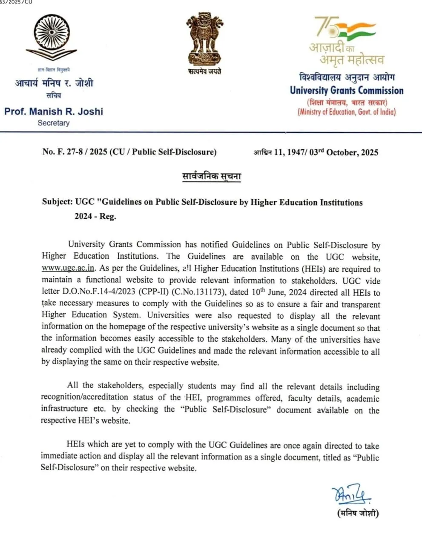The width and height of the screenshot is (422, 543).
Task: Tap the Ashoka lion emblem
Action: click(x=204, y=38)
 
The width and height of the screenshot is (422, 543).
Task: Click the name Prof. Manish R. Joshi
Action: click(x=54, y=111)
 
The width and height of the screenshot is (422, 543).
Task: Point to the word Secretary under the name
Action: click(x=53, y=123)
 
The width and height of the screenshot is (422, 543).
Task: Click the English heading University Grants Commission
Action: click(x=347, y=91)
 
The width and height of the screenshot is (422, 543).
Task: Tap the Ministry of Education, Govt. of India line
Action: click(x=347, y=112)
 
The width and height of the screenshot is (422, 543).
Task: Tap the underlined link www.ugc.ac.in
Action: click(x=68, y=269)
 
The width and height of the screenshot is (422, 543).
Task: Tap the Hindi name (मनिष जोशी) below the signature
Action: click(x=358, y=513)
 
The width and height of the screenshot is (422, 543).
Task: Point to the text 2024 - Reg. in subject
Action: click(x=95, y=216)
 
